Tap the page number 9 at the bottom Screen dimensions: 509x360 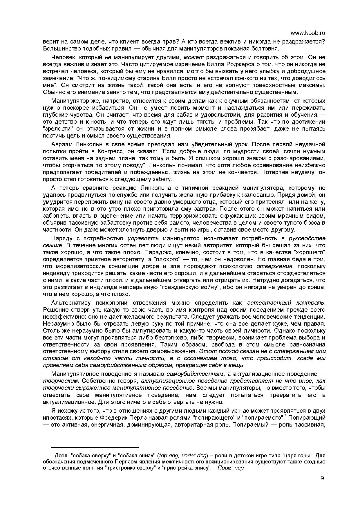323,479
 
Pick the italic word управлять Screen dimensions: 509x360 143,238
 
